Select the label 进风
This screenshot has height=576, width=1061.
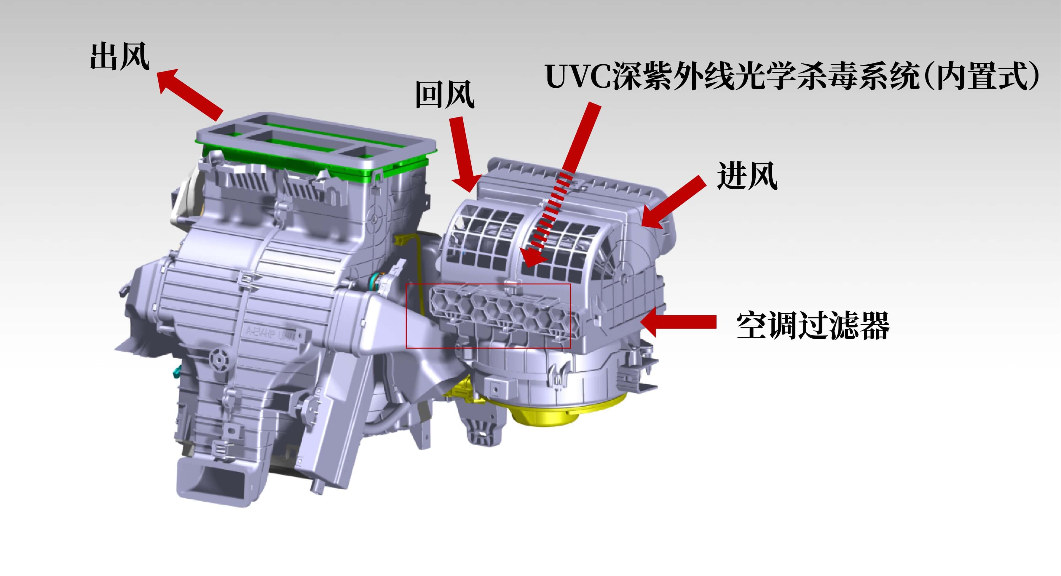coord(747,176)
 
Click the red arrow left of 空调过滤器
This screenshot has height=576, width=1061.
coord(678,321)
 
